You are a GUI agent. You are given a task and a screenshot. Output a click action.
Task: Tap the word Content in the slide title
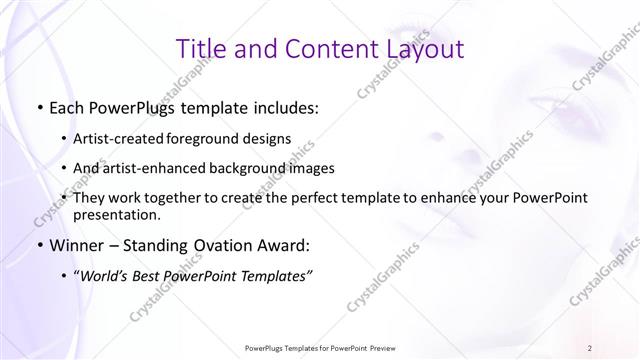[320, 48]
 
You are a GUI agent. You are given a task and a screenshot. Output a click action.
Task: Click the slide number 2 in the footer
[590, 347]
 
